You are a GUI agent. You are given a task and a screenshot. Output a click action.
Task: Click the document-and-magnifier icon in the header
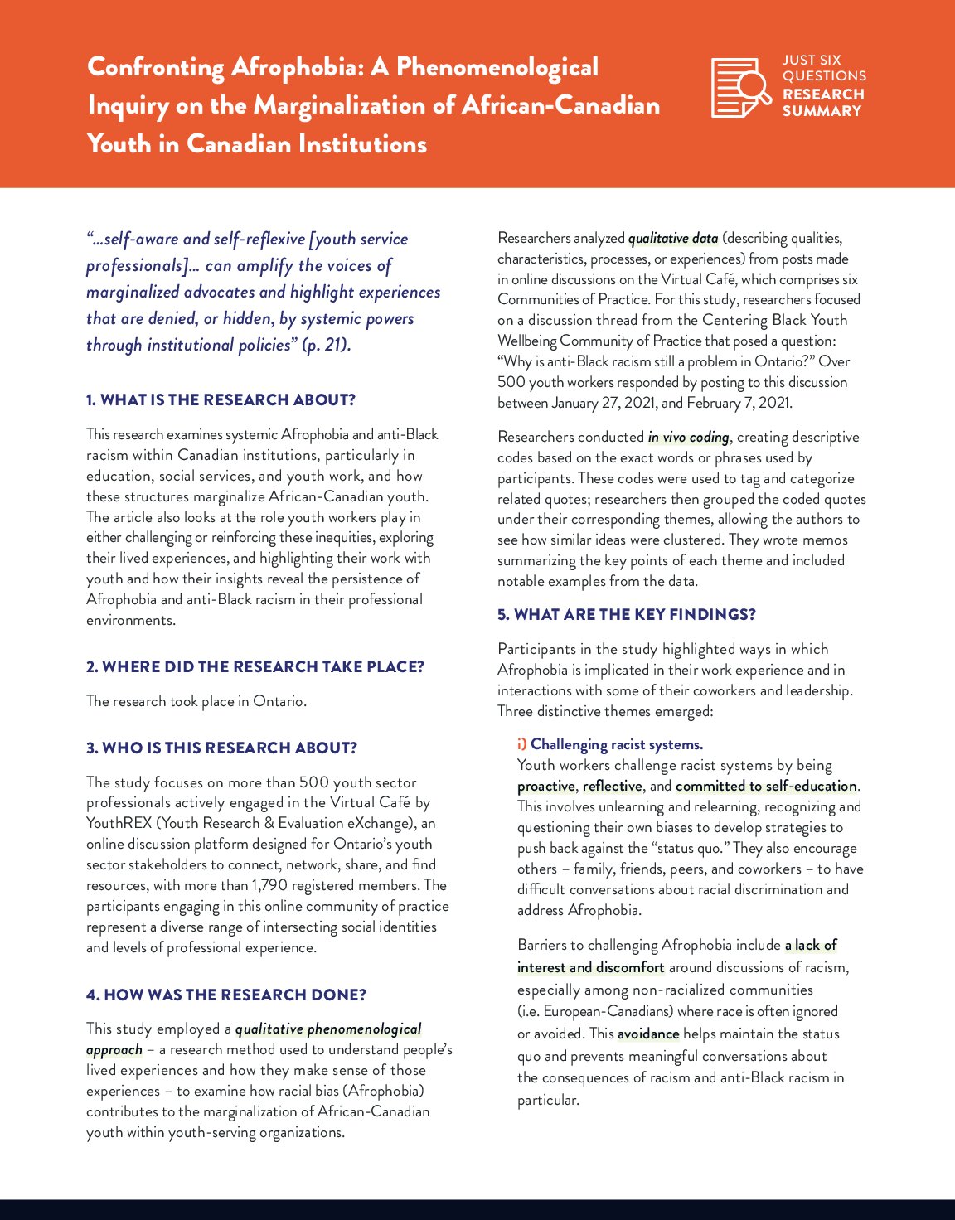[740, 87]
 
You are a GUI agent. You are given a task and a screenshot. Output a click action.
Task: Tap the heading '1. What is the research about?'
[221, 399]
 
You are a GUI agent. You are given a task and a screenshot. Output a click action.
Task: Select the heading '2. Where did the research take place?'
[255, 666]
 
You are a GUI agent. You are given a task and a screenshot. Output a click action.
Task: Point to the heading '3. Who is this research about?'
[221, 748]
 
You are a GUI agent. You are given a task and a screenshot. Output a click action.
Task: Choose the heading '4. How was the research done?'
[225, 995]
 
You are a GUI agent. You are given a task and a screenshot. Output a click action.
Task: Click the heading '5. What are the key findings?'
[626, 614]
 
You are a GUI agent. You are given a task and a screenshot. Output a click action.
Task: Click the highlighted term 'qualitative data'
[673, 239]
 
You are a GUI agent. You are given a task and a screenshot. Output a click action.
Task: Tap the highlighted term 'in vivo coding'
[688, 437]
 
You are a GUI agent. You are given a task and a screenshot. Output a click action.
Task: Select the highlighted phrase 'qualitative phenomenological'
[328, 1029]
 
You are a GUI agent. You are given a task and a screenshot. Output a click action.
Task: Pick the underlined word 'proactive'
[545, 786]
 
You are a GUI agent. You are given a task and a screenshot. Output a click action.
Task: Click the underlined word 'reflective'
[612, 786]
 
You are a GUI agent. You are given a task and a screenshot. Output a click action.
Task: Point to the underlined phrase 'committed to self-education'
[766, 786]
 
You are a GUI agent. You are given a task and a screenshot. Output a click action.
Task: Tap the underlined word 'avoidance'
[648, 1034]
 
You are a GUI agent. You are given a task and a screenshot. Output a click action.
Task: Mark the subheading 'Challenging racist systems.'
[617, 744]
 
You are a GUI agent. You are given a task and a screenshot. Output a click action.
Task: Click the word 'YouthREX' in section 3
[120, 823]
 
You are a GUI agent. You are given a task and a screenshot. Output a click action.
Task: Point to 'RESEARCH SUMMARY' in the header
[822, 102]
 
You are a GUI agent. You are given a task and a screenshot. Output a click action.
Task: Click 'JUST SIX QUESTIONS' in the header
[823, 68]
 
